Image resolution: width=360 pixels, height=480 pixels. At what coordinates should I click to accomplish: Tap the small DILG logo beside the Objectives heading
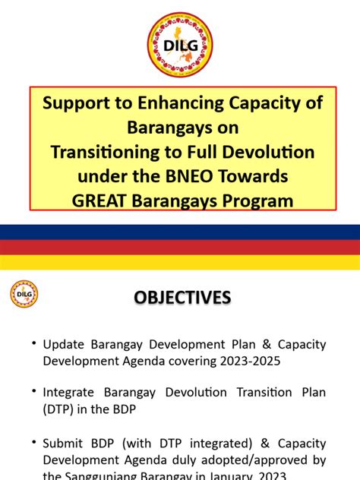click(24, 295)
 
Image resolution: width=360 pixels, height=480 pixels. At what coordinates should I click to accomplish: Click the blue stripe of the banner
click(179, 232)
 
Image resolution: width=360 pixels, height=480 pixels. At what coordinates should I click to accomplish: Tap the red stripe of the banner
click(179, 247)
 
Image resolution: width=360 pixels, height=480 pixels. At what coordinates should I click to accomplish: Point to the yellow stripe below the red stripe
click(179, 262)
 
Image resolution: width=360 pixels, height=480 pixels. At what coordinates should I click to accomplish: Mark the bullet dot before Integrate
click(34, 391)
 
